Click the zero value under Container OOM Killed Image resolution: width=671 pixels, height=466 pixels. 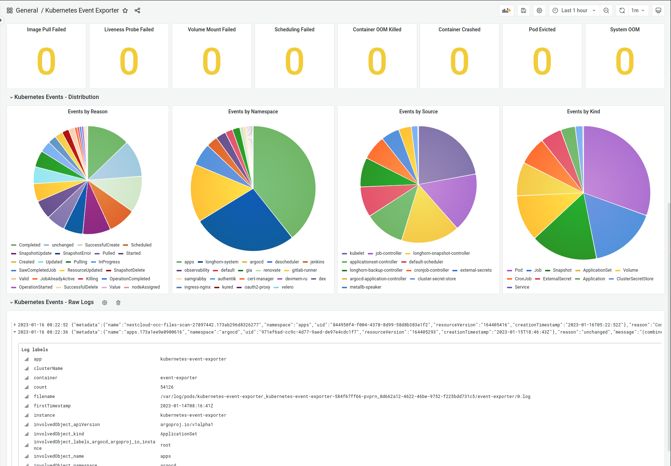(377, 62)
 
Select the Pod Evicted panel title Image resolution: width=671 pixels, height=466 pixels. (542, 30)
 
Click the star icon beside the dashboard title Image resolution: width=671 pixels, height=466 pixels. (125, 10)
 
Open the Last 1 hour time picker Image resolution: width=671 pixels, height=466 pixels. (574, 10)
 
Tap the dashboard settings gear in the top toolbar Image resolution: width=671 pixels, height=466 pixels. (539, 10)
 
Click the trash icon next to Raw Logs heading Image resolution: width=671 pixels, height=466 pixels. (118, 303)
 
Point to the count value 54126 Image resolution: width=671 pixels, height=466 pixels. (167, 387)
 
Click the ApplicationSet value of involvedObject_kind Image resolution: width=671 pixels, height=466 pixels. (179, 434)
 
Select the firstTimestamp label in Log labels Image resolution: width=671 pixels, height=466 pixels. (52, 406)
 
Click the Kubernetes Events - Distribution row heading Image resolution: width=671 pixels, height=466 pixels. (56, 97)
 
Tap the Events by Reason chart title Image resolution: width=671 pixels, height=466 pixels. (88, 112)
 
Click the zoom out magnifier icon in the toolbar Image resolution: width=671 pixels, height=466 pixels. (606, 10)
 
